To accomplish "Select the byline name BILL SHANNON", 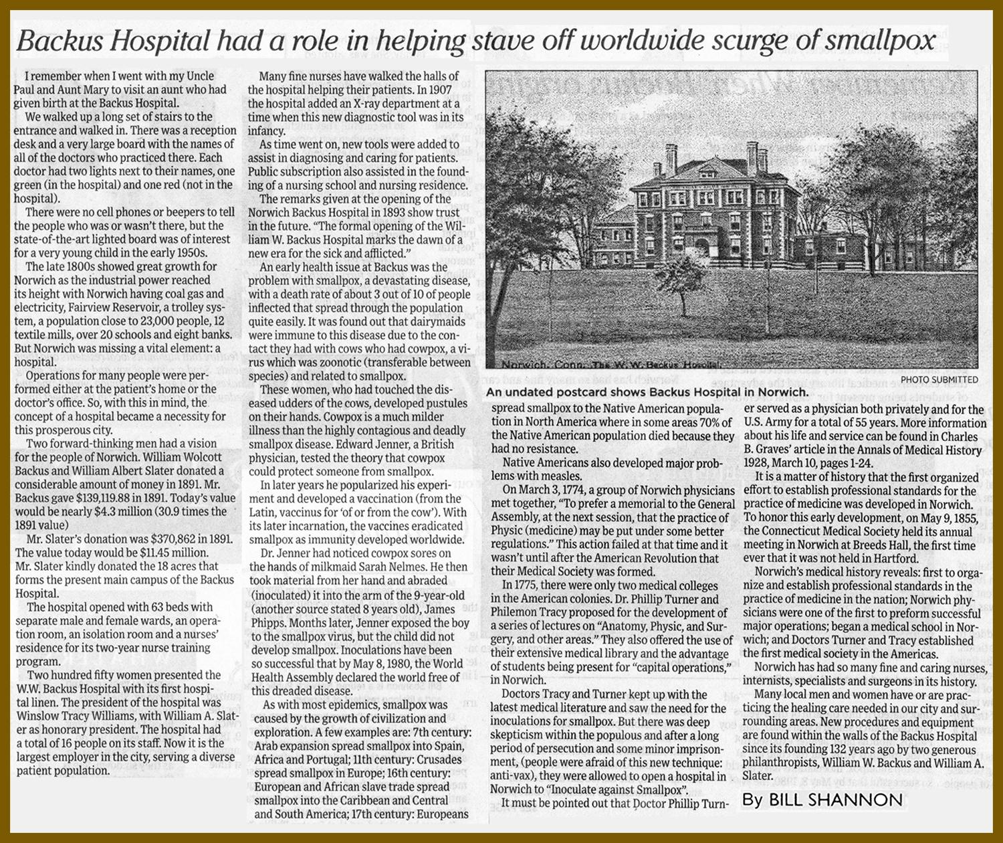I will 835,800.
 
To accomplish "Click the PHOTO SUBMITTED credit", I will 939,379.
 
